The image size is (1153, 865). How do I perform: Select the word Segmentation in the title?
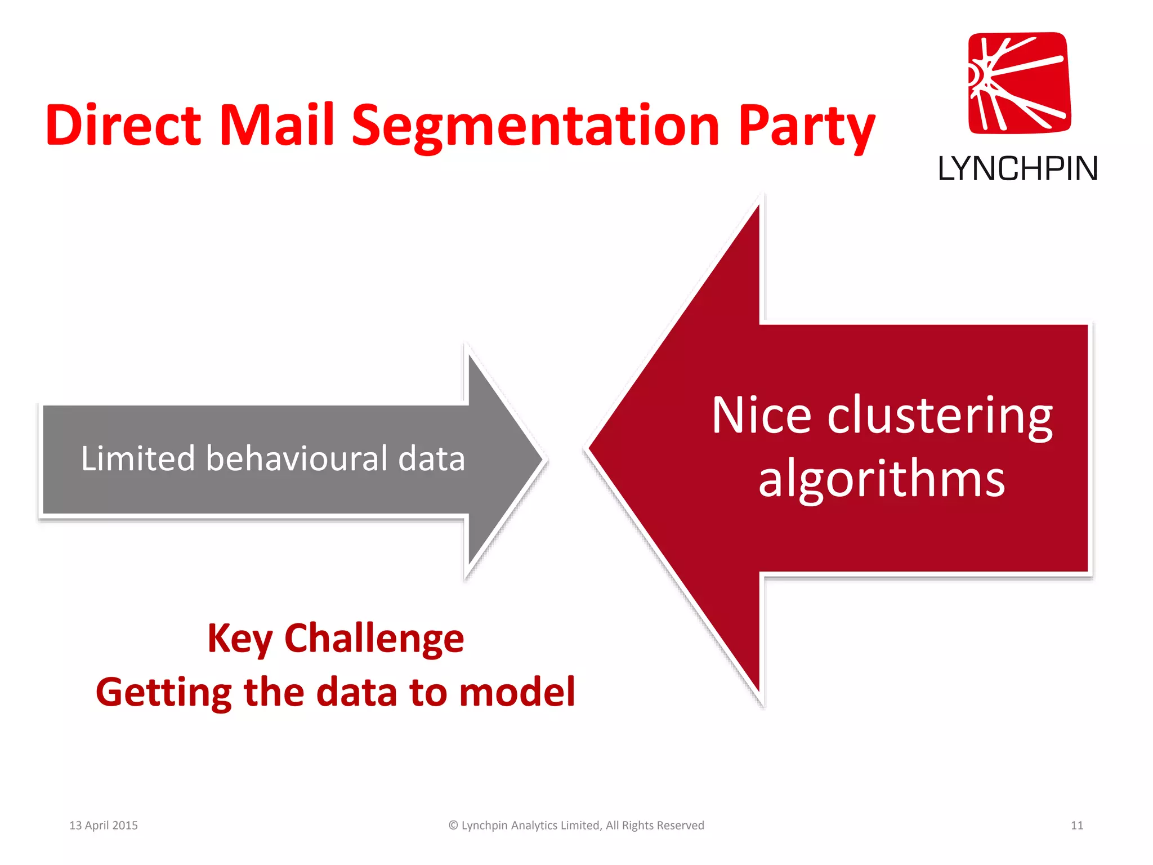(535, 126)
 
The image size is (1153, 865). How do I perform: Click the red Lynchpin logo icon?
(1019, 83)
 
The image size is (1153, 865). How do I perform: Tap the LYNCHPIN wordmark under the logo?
(1018, 168)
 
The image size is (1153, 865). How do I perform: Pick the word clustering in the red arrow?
(940, 417)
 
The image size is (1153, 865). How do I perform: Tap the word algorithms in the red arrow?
(882, 479)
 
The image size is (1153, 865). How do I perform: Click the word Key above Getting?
(239, 639)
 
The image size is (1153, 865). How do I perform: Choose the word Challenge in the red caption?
(374, 639)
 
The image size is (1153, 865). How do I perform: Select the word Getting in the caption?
(164, 693)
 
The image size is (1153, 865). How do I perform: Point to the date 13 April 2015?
(104, 825)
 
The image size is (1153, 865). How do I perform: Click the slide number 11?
(1077, 825)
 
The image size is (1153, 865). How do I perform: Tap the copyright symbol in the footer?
(453, 825)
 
